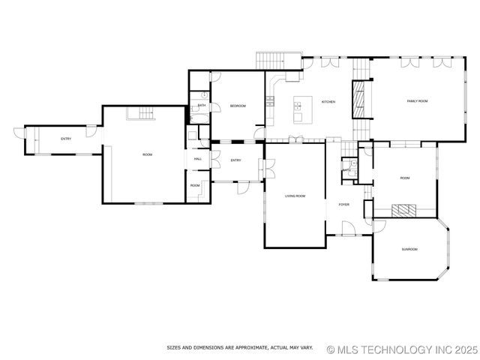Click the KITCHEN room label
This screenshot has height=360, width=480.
pyautogui.click(x=328, y=102)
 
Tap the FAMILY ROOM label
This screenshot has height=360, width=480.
pyautogui.click(x=417, y=101)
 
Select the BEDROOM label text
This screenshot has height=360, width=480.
pyautogui.click(x=238, y=106)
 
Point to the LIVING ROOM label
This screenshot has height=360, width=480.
pyautogui.click(x=295, y=196)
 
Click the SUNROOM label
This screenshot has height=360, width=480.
pyautogui.click(x=409, y=249)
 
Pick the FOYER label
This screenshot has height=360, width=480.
pyautogui.click(x=344, y=204)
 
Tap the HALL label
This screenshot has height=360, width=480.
pyautogui.click(x=198, y=159)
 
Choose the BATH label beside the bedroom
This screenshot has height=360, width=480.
pyautogui.click(x=202, y=106)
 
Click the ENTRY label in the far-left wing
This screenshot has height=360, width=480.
pyautogui.click(x=66, y=139)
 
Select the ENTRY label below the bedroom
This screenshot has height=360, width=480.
pyautogui.click(x=235, y=160)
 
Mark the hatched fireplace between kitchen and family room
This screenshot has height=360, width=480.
pyautogui.click(x=361, y=100)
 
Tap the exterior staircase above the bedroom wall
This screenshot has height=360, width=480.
pyautogui.click(x=268, y=60)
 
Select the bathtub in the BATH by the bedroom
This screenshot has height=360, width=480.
pyautogui.click(x=199, y=117)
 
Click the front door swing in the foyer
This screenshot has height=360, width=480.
pyautogui.click(x=347, y=229)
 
